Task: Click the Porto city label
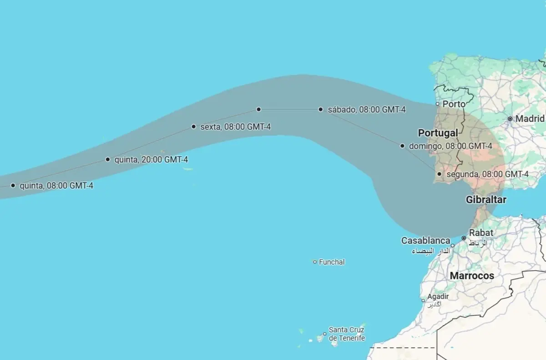pos(454,104)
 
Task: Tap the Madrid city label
pos(530,119)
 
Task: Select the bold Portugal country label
pos(438,133)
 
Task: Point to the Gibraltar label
pos(486,200)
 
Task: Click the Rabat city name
pos(481,233)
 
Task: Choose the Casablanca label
pos(425,241)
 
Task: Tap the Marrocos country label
pos(472,276)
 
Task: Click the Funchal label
pos(332,262)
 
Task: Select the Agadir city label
pos(438,297)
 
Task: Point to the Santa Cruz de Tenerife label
pos(347,334)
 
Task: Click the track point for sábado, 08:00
pos(321,109)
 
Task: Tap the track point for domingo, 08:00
pos(402,146)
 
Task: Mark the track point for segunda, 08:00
pos(440,174)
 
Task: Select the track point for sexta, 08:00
pos(194,127)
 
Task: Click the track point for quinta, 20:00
pos(108,159)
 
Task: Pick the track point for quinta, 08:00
pos(13,185)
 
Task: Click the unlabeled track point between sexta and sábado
pos(258,109)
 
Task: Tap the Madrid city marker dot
pos(510,119)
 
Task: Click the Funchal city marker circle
pos(315,262)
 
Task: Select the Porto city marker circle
pos(438,104)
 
